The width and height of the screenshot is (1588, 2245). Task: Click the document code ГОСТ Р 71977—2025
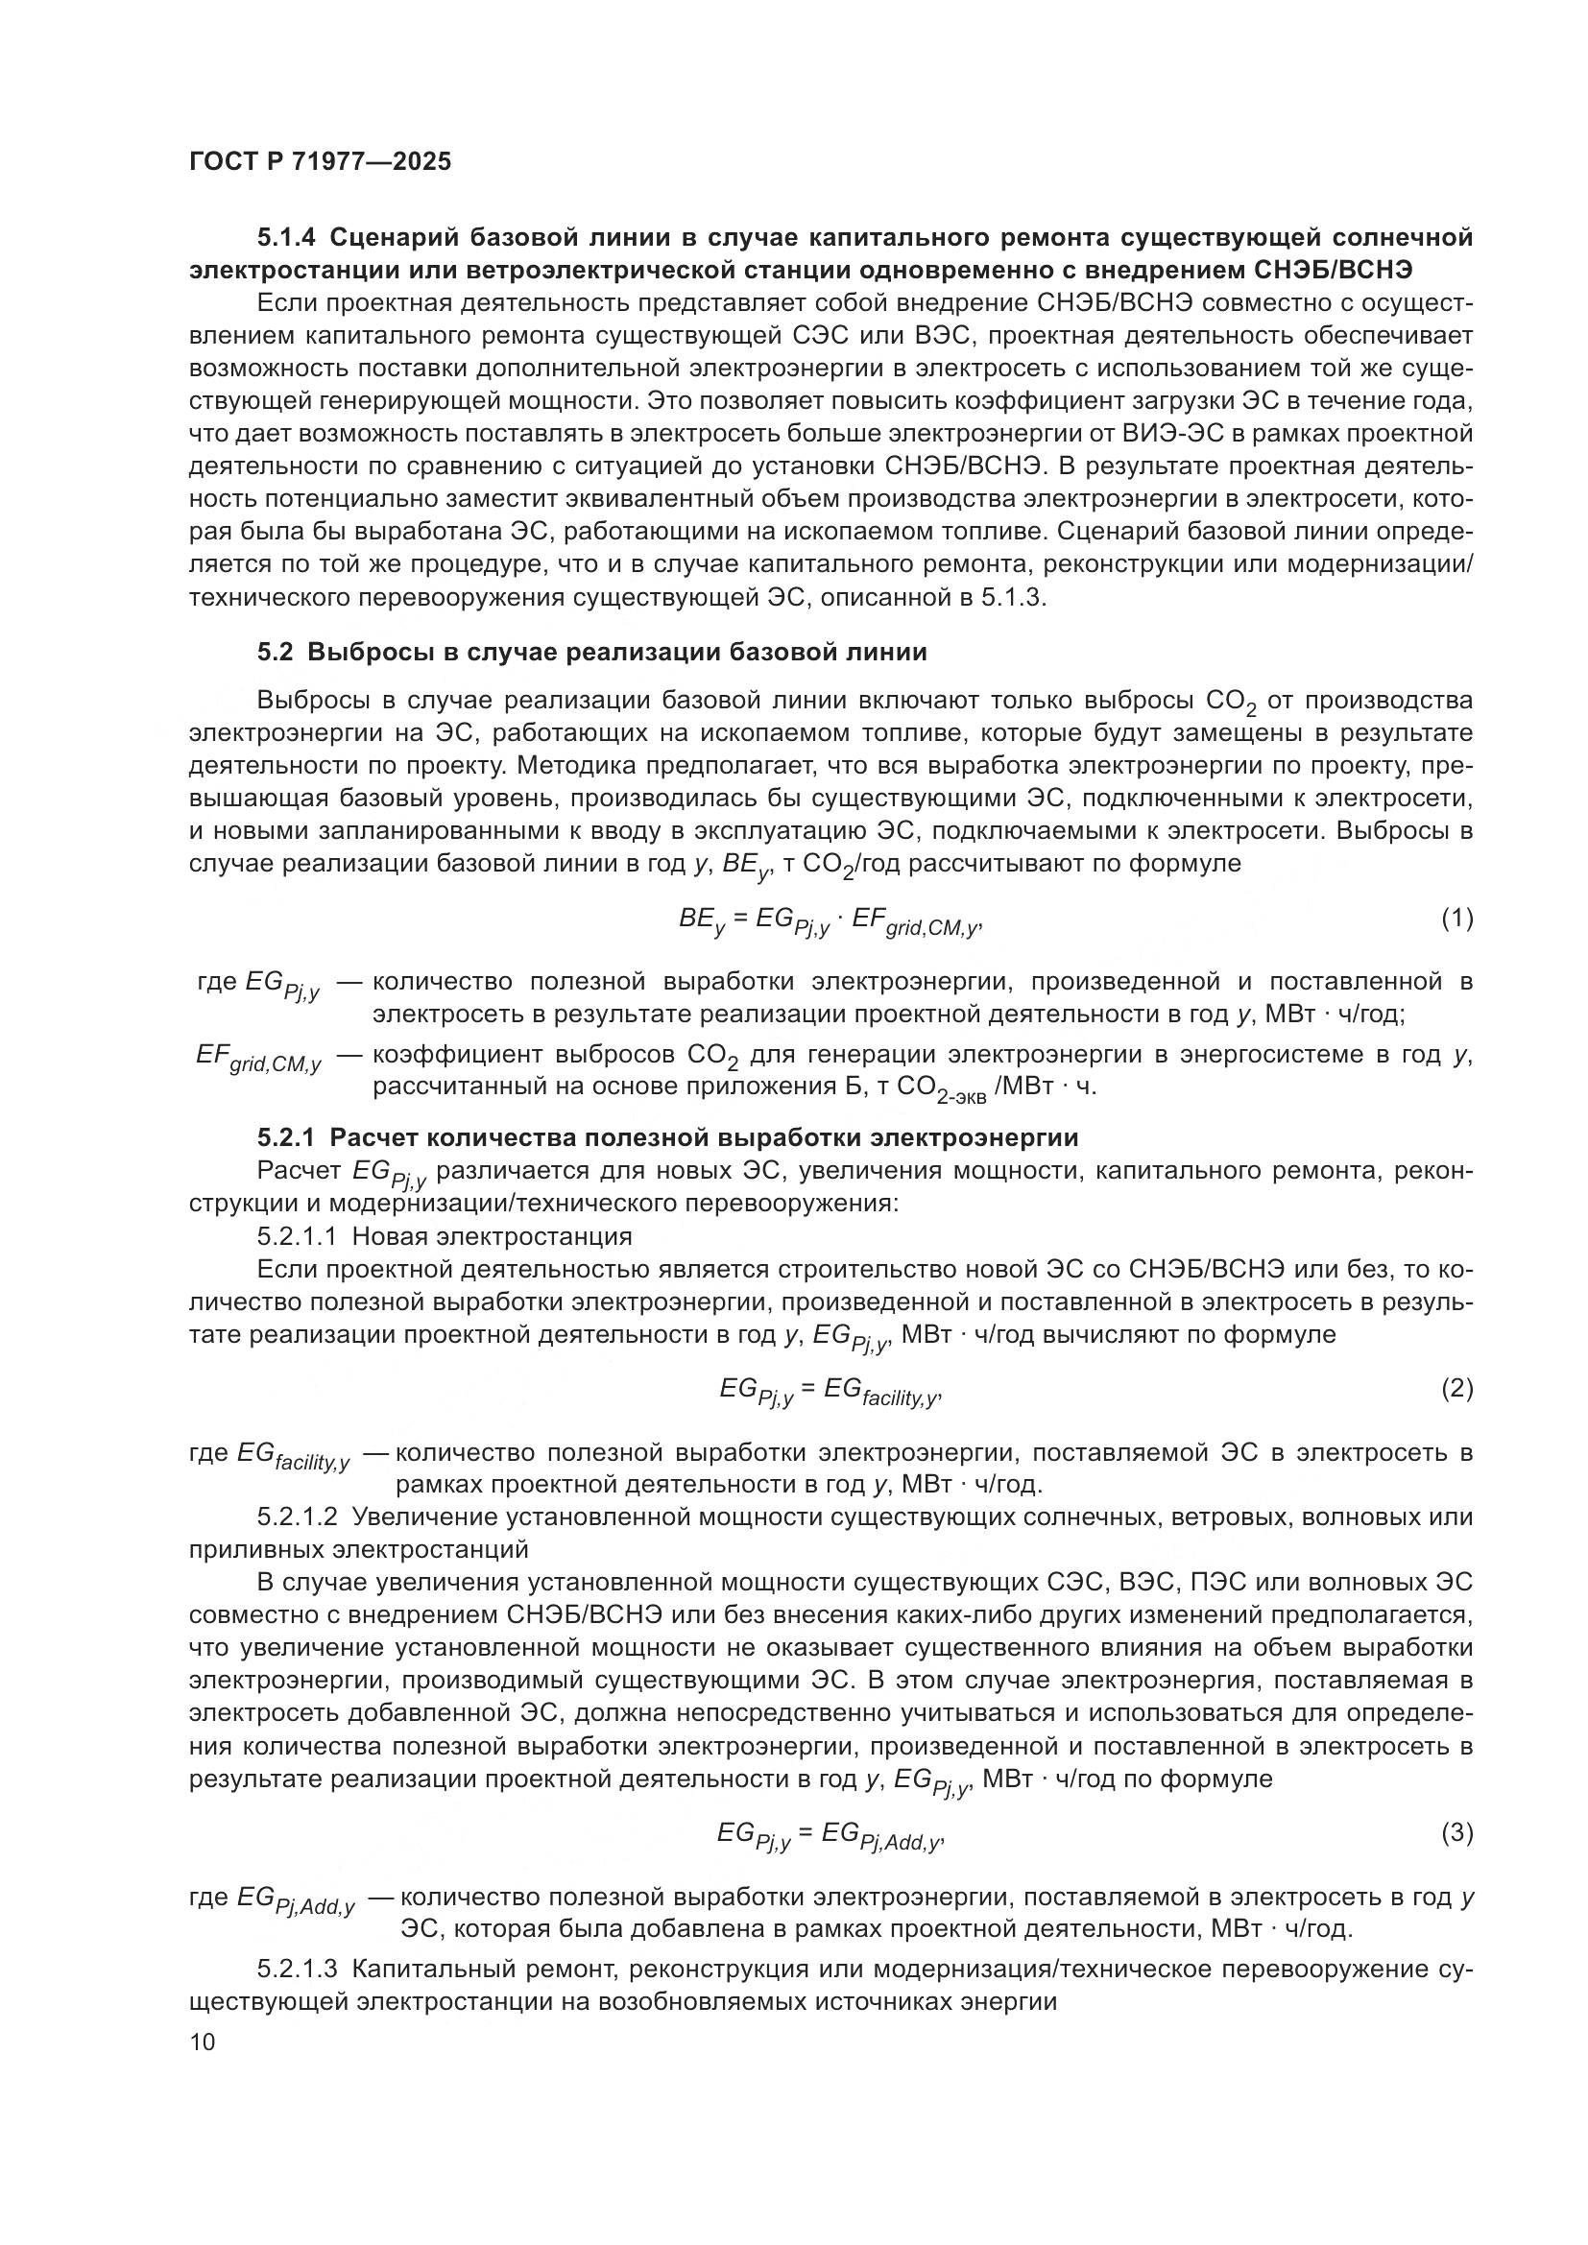(320, 162)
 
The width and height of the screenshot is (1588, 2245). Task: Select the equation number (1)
(1456, 919)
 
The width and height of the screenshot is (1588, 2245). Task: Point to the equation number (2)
(1456, 1388)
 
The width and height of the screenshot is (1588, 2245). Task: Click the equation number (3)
(1456, 1833)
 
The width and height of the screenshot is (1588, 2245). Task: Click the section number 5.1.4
(287, 238)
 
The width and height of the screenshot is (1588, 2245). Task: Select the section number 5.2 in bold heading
(275, 651)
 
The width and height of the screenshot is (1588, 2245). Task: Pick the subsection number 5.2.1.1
(298, 1236)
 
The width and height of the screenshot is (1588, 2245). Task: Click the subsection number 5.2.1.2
(298, 1517)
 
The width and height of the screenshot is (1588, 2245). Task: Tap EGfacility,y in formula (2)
(880, 1391)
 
